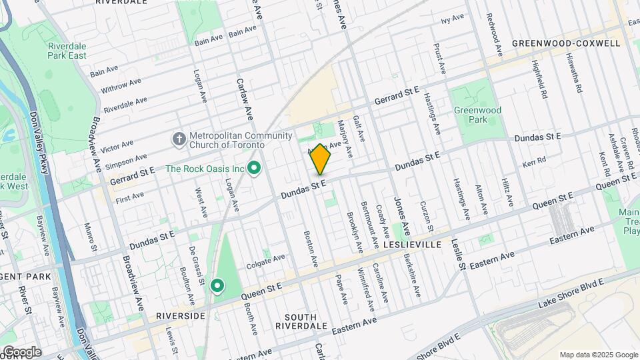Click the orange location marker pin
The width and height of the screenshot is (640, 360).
(321, 159)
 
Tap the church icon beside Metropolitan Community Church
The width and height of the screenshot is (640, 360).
(178, 139)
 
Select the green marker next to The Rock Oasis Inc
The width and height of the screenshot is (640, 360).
(253, 169)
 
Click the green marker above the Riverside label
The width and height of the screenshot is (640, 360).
(217, 286)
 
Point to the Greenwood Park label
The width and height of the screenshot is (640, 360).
(477, 115)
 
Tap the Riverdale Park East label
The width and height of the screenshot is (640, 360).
(67, 51)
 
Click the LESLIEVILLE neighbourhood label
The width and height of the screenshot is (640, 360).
(413, 245)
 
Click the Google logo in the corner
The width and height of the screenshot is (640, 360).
(22, 352)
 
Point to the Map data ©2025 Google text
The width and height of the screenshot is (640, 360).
(597, 355)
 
